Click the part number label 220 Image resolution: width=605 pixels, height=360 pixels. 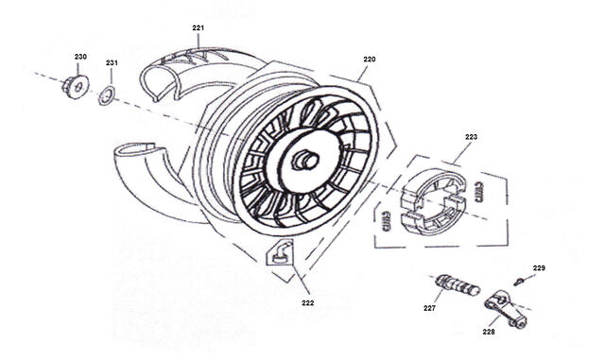(x=370, y=60)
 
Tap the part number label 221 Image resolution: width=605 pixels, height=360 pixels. (x=199, y=27)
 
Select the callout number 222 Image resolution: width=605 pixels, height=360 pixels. (x=308, y=303)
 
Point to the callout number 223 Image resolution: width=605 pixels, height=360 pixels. (x=471, y=137)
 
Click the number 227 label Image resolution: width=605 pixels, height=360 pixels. (x=429, y=308)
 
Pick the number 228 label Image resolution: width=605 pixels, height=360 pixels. (x=489, y=332)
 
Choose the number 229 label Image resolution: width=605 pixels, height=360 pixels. (x=540, y=267)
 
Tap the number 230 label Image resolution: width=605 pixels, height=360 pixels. (x=80, y=57)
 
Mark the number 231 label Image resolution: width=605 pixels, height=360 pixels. (x=112, y=62)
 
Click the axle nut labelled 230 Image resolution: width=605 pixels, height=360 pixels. (x=76, y=87)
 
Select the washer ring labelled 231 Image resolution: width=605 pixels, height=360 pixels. (x=107, y=95)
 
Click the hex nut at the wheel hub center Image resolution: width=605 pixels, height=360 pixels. (x=305, y=160)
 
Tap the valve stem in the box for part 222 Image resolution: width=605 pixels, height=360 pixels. (x=282, y=253)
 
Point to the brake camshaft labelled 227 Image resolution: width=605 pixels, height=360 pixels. (x=458, y=284)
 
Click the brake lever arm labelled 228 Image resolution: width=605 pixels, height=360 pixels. (x=506, y=308)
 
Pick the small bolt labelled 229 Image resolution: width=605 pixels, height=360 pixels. (x=518, y=282)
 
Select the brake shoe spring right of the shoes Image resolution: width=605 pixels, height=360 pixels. (x=477, y=192)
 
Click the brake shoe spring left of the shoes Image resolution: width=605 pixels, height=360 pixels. (x=386, y=221)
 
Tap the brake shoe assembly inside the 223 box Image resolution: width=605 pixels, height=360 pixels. (x=434, y=201)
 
